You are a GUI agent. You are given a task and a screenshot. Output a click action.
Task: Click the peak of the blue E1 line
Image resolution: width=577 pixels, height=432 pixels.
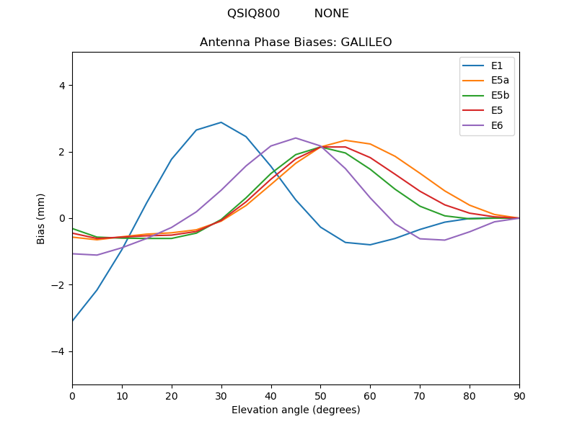click(221, 122)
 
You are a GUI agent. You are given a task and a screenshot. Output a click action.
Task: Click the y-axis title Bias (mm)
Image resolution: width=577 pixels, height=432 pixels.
click(41, 218)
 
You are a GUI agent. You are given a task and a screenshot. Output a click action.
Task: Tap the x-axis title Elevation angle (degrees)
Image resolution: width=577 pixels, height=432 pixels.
click(296, 410)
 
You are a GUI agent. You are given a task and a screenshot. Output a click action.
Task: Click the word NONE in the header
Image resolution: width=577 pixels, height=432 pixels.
click(331, 14)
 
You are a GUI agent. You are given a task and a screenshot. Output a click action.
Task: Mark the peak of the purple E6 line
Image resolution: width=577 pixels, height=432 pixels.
click(296, 138)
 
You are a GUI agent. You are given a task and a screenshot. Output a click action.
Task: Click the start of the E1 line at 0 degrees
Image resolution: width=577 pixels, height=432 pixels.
click(73, 321)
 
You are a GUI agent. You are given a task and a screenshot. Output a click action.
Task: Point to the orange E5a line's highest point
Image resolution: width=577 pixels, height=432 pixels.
click(345, 140)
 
